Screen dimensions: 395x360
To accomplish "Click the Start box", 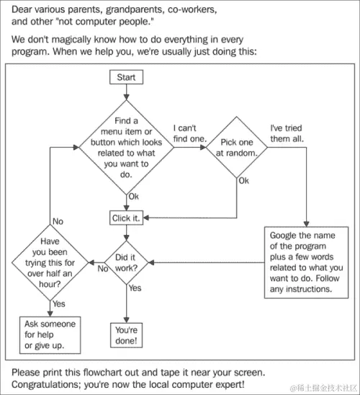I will (x=127, y=77).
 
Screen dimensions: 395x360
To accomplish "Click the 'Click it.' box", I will (x=127, y=217).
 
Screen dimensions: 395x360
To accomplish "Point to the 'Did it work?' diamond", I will (x=127, y=262).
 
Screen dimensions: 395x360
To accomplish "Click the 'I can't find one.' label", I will (x=190, y=133).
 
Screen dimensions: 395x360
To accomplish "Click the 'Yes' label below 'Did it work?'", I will (x=135, y=288).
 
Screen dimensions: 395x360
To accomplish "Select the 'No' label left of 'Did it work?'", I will (x=102, y=269).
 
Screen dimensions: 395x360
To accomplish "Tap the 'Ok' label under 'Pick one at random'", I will (x=243, y=180).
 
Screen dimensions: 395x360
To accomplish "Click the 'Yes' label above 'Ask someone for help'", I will (x=58, y=304).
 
